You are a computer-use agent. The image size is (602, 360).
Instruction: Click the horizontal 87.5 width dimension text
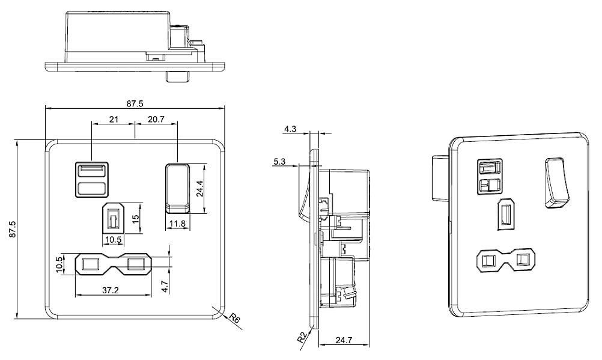coord(135,103)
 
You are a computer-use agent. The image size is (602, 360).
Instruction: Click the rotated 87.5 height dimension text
coord(12,229)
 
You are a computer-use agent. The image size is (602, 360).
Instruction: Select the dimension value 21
coord(114,119)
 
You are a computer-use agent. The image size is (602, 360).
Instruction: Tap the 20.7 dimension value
coord(156,119)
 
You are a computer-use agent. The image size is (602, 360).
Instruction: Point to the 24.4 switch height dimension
coord(199,189)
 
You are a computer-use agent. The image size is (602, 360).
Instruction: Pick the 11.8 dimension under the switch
coord(178,223)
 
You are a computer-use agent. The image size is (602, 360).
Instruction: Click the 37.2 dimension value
coord(110,290)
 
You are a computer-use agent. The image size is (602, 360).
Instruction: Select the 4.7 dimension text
coord(165,286)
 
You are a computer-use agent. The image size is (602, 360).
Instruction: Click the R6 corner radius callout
coord(234,318)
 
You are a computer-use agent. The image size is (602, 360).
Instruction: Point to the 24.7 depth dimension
coord(344,340)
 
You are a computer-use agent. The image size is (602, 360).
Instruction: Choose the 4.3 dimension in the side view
coord(290,129)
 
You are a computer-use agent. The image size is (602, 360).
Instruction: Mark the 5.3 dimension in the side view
coord(279,161)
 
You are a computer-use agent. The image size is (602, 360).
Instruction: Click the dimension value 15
coord(135,219)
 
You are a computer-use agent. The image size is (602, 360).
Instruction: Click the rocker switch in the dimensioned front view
coord(178,188)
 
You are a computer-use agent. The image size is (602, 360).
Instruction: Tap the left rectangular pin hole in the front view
coord(91,264)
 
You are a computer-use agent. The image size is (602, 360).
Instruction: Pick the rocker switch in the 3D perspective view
coord(556,182)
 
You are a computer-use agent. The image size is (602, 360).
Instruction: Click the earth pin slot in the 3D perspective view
coord(506,214)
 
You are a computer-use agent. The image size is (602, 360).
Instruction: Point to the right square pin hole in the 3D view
coord(523,260)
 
